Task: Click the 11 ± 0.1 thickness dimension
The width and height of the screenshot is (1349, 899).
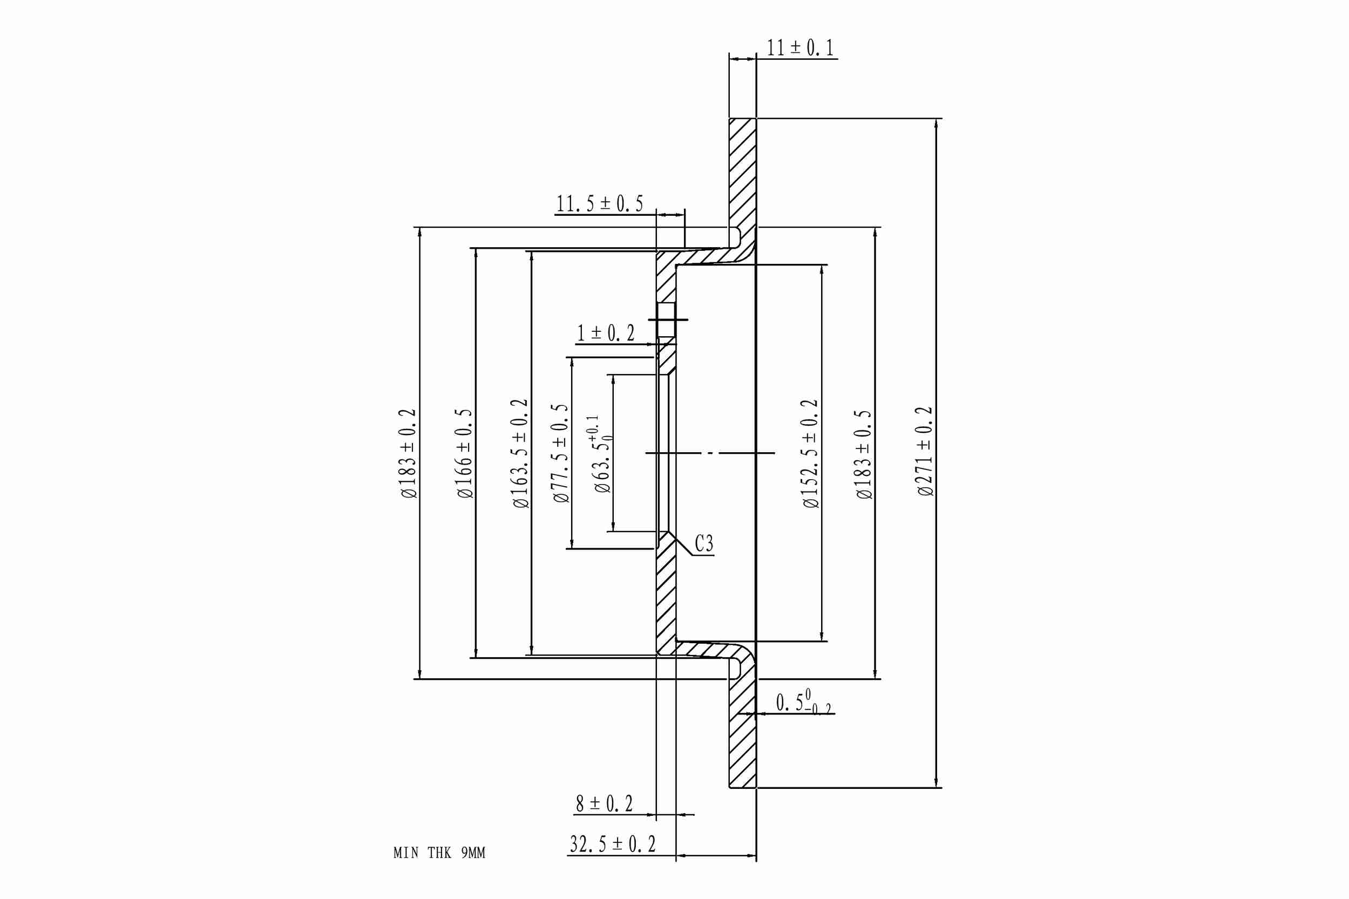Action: click(x=800, y=47)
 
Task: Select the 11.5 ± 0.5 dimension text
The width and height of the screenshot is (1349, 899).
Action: click(x=599, y=203)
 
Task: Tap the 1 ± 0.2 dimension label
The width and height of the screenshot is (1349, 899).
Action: click(x=606, y=333)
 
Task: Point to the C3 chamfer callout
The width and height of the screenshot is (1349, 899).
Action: click(x=704, y=543)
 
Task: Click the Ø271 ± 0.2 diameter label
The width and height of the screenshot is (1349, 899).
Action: click(x=925, y=451)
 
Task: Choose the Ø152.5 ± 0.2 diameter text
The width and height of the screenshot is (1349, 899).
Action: click(x=810, y=453)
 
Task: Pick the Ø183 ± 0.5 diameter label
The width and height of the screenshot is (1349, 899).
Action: click(x=864, y=454)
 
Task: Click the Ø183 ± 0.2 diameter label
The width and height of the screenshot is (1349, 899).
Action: click(x=408, y=453)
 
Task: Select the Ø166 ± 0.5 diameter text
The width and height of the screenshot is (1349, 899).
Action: click(x=464, y=453)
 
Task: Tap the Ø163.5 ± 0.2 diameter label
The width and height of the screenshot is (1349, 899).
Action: click(x=520, y=453)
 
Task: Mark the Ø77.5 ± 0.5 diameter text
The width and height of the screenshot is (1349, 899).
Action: click(x=560, y=453)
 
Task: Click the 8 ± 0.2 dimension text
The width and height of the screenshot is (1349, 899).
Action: click(x=604, y=804)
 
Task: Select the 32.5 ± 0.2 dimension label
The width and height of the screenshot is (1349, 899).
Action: click(x=613, y=844)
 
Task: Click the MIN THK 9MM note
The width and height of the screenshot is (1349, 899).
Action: click(x=439, y=853)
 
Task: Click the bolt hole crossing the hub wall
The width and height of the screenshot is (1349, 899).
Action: click(x=666, y=319)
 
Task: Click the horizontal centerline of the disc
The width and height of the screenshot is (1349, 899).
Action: click(x=710, y=453)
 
